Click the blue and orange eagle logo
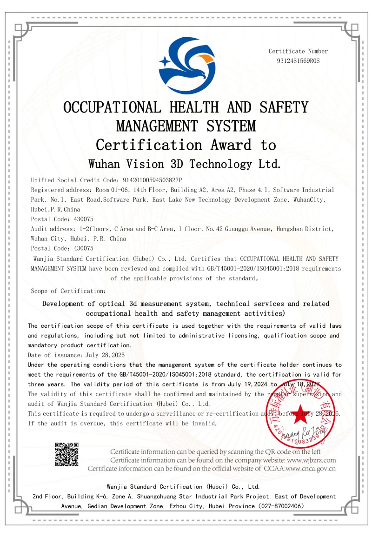187,66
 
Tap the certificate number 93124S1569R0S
298,61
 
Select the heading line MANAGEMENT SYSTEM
186,126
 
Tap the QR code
66,454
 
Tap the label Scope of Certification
68,291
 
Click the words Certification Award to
186,145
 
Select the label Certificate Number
298,51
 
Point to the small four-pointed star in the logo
164,61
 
